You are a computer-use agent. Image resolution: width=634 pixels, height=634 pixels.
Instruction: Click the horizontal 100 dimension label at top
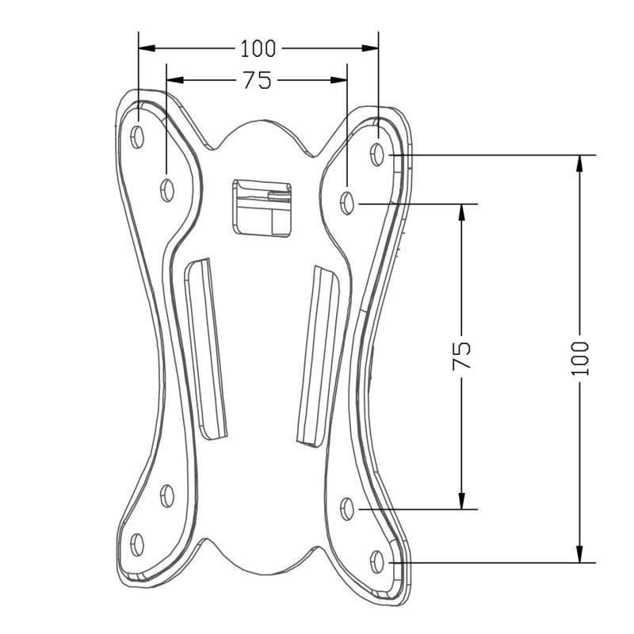click(258, 48)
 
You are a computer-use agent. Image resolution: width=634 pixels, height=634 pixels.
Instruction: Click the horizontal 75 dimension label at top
click(257, 80)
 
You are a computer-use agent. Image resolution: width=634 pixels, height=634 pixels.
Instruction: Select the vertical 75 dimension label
click(461, 355)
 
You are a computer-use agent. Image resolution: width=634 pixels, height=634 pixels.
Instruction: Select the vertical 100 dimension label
click(580, 359)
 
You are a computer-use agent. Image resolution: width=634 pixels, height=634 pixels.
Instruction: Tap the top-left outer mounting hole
click(137, 136)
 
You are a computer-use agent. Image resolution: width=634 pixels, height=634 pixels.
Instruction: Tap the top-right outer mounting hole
click(377, 154)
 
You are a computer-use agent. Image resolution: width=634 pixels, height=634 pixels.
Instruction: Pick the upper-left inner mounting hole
click(167, 189)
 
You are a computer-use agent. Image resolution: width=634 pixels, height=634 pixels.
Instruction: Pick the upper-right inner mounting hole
click(346, 203)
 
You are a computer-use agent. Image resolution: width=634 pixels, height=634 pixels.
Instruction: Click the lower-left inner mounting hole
click(167, 495)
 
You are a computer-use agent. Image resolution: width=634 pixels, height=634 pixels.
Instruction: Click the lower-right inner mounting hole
click(346, 509)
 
